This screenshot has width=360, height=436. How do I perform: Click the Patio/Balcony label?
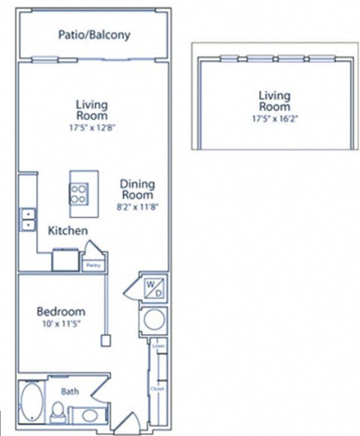pos(94,35)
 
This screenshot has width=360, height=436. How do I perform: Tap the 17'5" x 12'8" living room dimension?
pos(91,128)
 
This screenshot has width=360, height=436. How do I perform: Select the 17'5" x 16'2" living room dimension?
pos(274,118)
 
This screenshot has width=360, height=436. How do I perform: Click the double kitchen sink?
pos(28,218)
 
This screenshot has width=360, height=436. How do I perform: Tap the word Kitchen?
pos(68,230)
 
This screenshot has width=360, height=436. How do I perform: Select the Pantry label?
pos(94,265)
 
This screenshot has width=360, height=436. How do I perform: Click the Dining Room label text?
pos(137,189)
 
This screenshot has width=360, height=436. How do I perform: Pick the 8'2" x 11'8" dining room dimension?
pos(137,206)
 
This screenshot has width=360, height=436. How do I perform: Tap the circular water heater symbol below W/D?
pos(154,320)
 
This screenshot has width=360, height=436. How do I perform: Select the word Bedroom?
pos(61,311)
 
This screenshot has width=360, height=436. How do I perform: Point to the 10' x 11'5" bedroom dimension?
pos(61,324)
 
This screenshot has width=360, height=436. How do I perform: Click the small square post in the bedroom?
pos(105,340)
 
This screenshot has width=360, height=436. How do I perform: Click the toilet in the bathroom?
pos(58,411)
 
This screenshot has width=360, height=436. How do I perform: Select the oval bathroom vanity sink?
pos(88,415)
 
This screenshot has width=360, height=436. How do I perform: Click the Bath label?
pos(70,391)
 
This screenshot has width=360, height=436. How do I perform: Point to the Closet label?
pos(157,390)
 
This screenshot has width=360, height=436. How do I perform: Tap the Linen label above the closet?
pos(157,346)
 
